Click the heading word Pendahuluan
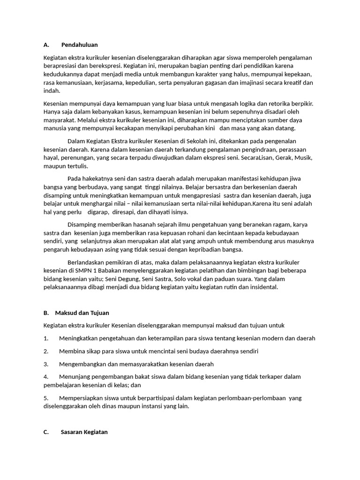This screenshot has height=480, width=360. pos(79,45)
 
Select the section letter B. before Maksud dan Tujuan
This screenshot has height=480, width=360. pos(46,313)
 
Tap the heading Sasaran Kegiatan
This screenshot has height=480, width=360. pos(84,432)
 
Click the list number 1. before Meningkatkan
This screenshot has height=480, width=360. pos(46,338)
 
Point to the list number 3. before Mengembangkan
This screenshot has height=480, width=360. pos(46,364)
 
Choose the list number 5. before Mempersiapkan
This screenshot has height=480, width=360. pos(46,398)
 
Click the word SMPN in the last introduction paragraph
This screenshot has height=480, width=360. pos(84,270)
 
